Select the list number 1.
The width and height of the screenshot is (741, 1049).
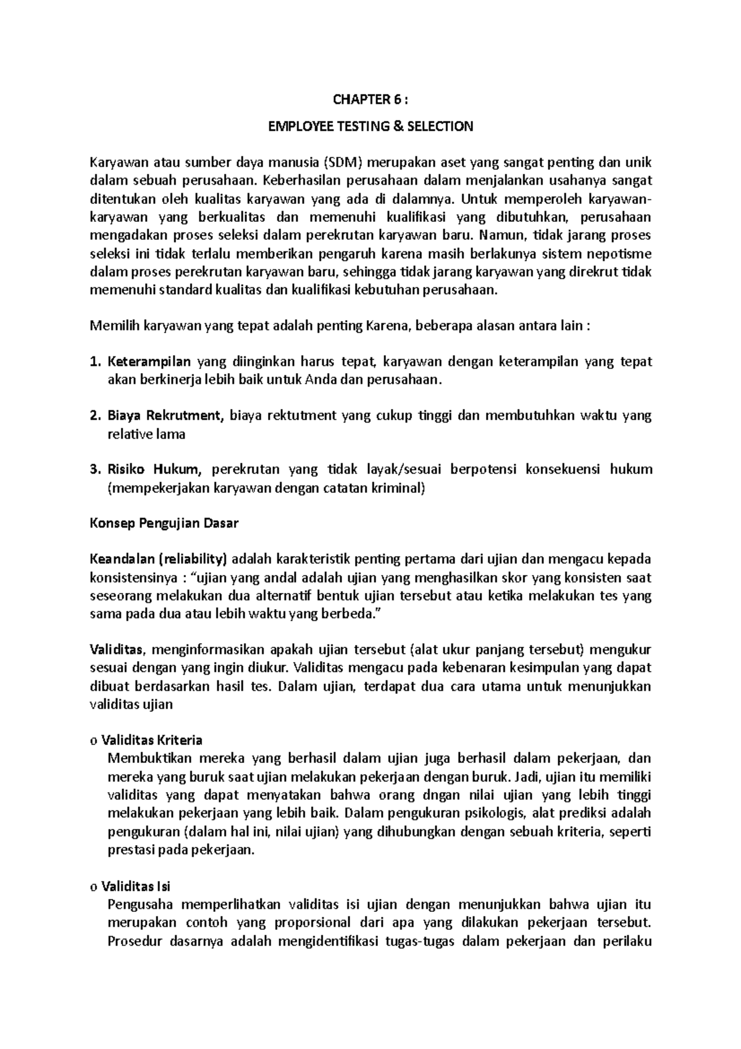[x=94, y=362]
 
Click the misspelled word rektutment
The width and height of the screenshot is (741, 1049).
[x=283, y=416]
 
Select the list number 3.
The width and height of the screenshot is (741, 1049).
[x=94, y=470]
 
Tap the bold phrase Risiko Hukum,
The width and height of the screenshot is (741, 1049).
[x=154, y=470]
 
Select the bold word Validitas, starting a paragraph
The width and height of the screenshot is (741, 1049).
[x=117, y=650]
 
